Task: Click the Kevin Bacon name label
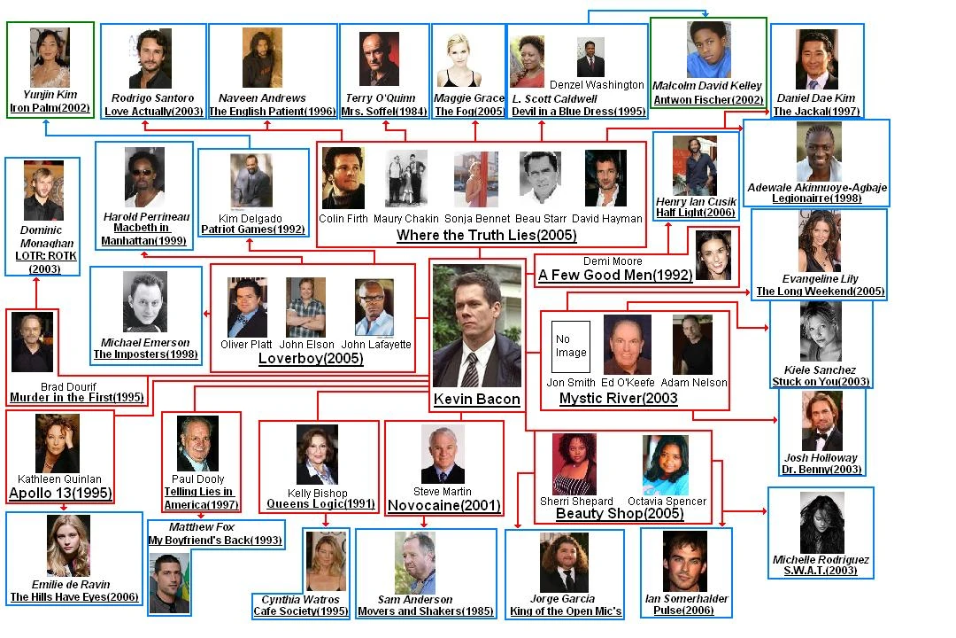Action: point(477,399)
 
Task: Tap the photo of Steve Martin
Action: point(443,454)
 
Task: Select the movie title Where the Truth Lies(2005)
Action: point(486,236)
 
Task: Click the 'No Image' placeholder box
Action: point(570,346)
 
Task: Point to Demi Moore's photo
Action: point(713,254)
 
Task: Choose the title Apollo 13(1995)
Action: point(60,494)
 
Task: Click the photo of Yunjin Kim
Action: point(50,58)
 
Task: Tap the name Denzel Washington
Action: point(603,85)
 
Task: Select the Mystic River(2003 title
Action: point(618,399)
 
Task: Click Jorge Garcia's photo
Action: point(564,563)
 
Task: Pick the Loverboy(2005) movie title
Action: point(311,359)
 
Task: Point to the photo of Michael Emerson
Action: point(144,301)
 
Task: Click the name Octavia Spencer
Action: point(667,501)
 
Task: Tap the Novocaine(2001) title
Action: point(443,506)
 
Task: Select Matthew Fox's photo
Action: point(169,583)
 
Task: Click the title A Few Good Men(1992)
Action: point(615,275)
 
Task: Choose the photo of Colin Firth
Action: point(343,178)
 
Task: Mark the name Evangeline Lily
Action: point(819,278)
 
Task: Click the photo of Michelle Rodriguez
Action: point(822,523)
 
